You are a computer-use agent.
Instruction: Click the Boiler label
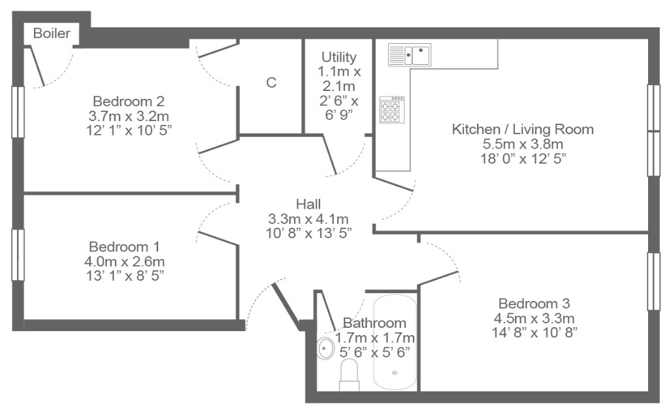click(x=52, y=33)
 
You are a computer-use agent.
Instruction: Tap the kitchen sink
click(x=409, y=55)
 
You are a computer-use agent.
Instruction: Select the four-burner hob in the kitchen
click(x=392, y=109)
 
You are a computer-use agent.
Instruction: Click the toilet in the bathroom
click(x=349, y=375)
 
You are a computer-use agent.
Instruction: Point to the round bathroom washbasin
click(x=325, y=348)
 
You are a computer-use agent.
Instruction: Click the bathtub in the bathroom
click(x=395, y=342)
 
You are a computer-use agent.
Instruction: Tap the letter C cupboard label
click(x=271, y=82)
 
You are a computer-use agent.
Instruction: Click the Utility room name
click(x=339, y=57)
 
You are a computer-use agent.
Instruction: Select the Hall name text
click(x=308, y=204)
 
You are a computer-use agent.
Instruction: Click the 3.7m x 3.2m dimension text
click(x=129, y=116)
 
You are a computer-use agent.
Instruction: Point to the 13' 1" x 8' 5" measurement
click(x=125, y=276)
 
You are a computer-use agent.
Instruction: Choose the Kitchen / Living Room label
click(x=523, y=129)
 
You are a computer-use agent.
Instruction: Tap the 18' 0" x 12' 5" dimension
click(x=523, y=158)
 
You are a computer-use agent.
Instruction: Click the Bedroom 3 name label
click(x=534, y=304)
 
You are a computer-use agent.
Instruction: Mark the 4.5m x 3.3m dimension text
click(x=534, y=319)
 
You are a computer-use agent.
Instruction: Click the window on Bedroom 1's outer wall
click(x=18, y=255)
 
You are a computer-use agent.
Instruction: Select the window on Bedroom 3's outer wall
click(x=653, y=281)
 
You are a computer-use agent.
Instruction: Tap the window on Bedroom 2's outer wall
click(x=18, y=112)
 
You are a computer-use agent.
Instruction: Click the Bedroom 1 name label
click(x=124, y=247)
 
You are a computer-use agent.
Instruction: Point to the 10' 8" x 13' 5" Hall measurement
click(x=309, y=234)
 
